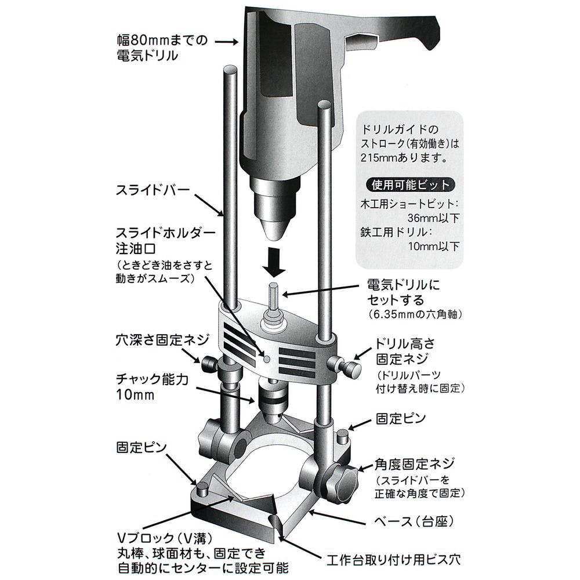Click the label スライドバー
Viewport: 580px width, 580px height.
pyautogui.click(x=153, y=190)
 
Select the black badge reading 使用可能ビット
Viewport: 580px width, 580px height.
pyautogui.click(x=410, y=184)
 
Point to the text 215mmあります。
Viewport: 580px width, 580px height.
pyautogui.click(x=404, y=158)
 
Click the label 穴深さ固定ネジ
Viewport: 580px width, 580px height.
pyautogui.click(x=162, y=340)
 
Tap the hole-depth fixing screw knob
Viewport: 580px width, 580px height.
pyautogui.click(x=209, y=364)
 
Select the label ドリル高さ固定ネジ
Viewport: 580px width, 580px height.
pyautogui.click(x=405, y=351)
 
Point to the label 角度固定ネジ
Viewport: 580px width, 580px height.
pyautogui.click(x=414, y=463)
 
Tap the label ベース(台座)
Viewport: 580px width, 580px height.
pyautogui.click(x=414, y=521)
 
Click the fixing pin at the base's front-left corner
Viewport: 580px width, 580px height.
pyautogui.click(x=202, y=489)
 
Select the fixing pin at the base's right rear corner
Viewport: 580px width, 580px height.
pyautogui.click(x=343, y=436)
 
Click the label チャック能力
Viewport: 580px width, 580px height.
pyautogui.click(x=152, y=379)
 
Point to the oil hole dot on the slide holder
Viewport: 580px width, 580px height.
pyautogui.click(x=266, y=358)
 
